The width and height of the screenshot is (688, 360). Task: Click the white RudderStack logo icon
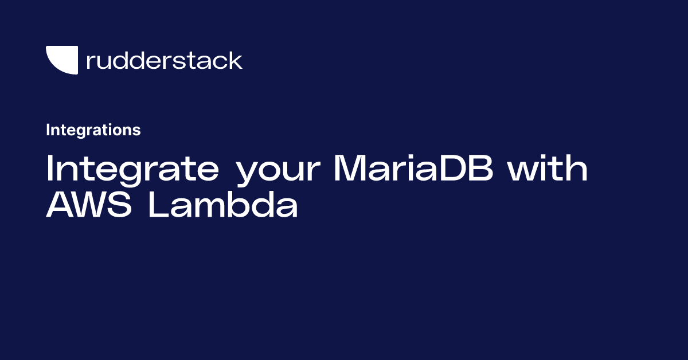pyautogui.click(x=61, y=60)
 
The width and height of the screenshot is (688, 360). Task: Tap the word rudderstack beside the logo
pyautogui.click(x=164, y=60)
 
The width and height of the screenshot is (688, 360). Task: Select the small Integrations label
pyautogui.click(x=93, y=130)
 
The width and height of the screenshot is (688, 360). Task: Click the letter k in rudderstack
pyautogui.click(x=235, y=60)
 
